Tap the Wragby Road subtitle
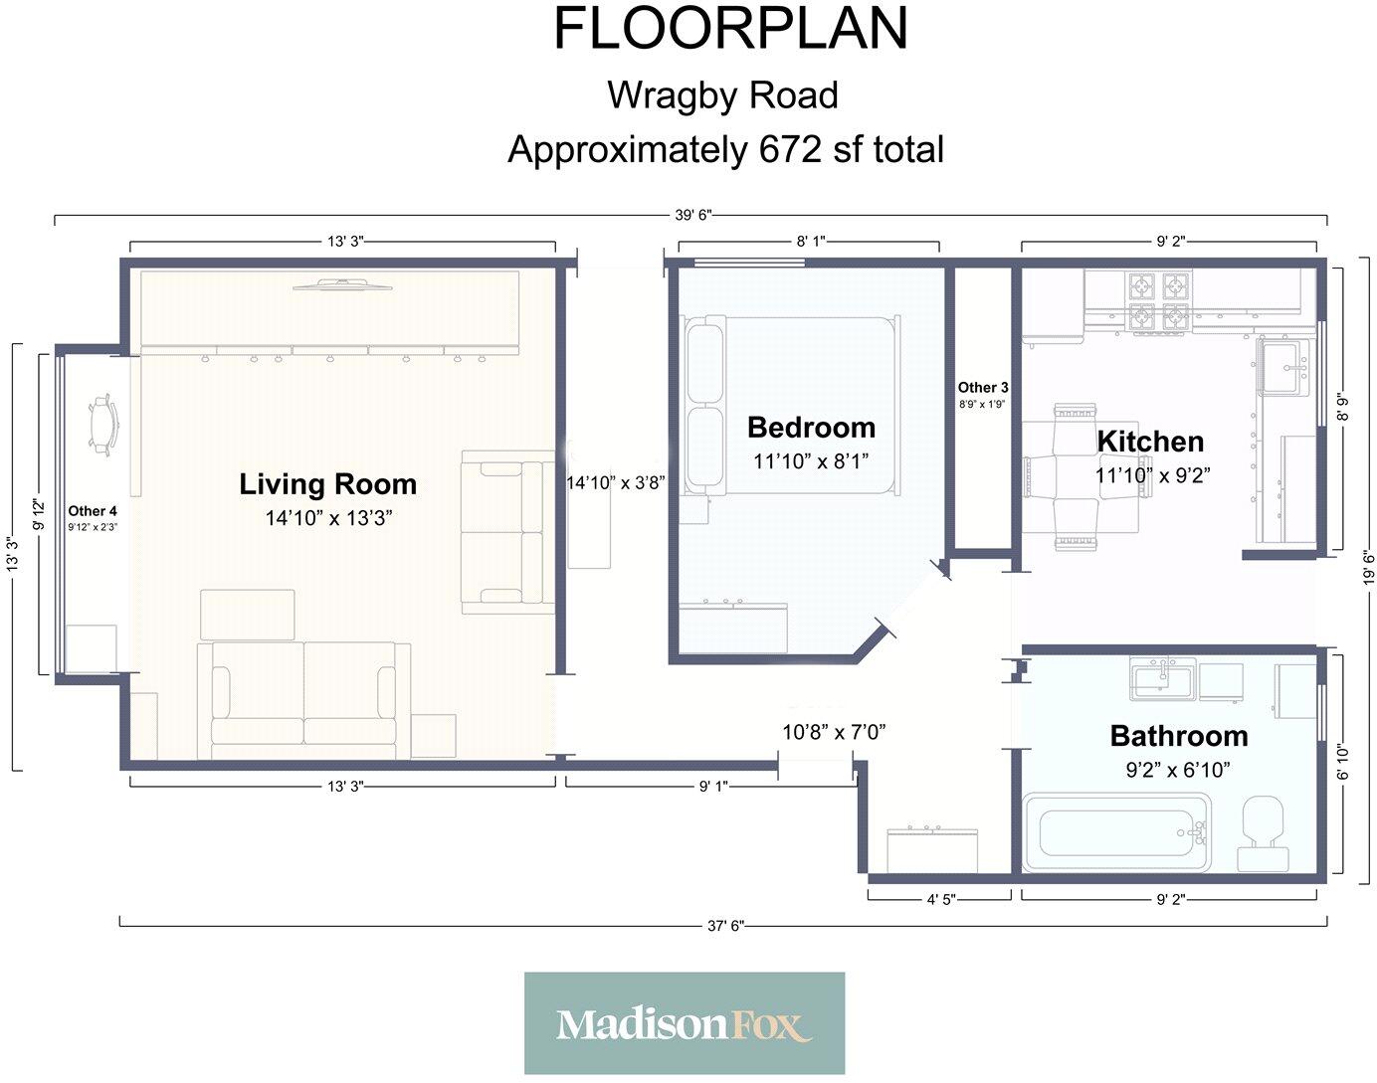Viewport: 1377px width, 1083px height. pos(722,95)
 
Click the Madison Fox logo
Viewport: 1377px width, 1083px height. pos(684,1023)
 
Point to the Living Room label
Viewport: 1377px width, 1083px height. pos(327,484)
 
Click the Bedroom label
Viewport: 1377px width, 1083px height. pos(811,428)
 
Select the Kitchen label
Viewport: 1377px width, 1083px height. pos(1150,442)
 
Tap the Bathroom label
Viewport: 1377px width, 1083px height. pos(1179,736)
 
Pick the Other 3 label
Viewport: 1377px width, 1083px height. pos(982,387)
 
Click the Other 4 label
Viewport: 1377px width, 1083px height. pos(93,510)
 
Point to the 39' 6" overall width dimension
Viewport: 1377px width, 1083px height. pos(693,215)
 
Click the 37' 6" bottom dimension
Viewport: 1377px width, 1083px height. pos(725,926)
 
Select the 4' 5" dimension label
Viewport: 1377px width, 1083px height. pos(941,899)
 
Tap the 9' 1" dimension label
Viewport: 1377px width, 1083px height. pos(713,787)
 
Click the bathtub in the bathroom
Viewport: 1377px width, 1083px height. pos(1116,832)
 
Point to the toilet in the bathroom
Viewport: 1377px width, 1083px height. pos(1263,833)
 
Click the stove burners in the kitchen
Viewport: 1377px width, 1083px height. pos(1159,304)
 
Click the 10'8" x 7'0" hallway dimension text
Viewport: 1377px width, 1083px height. pos(834,732)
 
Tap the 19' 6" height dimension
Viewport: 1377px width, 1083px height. pos(1368,568)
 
